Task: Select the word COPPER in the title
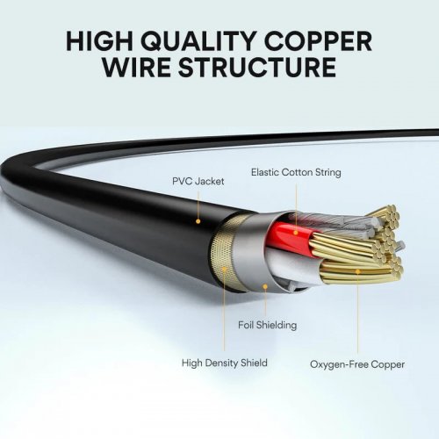click(x=324, y=41)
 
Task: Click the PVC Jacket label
click(x=198, y=181)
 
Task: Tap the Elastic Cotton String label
click(x=296, y=172)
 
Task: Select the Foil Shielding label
click(x=267, y=325)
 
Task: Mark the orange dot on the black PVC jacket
click(x=198, y=220)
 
